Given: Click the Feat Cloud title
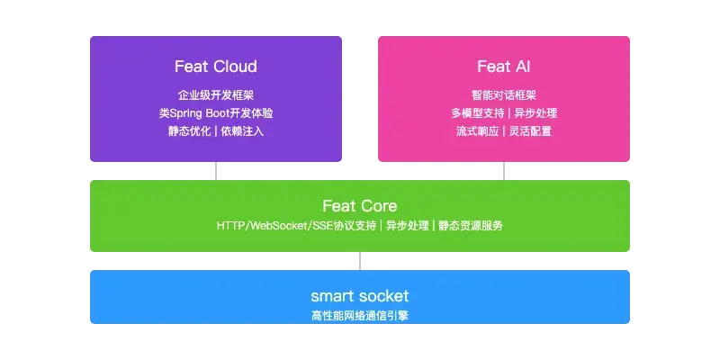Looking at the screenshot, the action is click(216, 67).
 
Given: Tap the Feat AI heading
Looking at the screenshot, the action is click(504, 67).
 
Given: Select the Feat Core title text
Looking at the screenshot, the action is click(359, 206).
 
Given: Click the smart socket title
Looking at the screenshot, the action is click(359, 296).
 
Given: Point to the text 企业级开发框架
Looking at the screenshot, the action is click(216, 95).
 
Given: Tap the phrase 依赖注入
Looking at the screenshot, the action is click(242, 131).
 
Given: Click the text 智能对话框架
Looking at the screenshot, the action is click(504, 95).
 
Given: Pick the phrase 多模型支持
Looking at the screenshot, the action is click(477, 113).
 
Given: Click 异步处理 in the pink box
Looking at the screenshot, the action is click(535, 113).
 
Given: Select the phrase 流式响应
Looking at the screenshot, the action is click(477, 131).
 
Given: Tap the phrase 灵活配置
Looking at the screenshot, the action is click(530, 131).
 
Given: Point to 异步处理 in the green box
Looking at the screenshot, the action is click(408, 226).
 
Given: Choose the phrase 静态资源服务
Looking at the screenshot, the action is click(471, 226).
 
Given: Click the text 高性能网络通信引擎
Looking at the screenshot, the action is click(359, 316).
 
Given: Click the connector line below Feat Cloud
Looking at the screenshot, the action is click(216, 171).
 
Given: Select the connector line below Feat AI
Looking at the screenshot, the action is click(504, 171).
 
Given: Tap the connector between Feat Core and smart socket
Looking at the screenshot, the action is click(359, 261).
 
